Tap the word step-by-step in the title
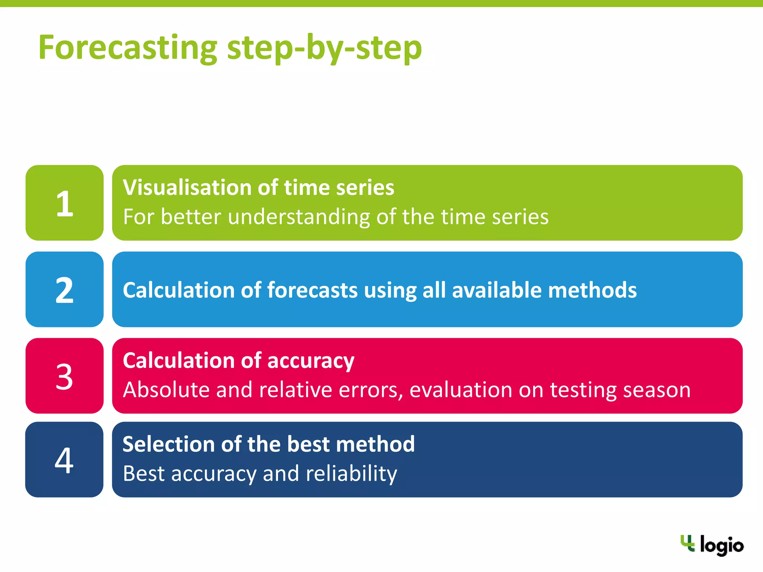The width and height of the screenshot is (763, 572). click(324, 48)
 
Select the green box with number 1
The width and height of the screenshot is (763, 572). click(64, 203)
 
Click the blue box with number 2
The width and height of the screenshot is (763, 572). click(64, 290)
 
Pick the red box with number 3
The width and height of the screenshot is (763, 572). click(64, 376)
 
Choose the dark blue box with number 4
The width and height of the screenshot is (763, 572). click(64, 460)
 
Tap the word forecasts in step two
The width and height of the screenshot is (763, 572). click(313, 290)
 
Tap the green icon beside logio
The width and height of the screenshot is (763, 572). click(687, 543)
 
